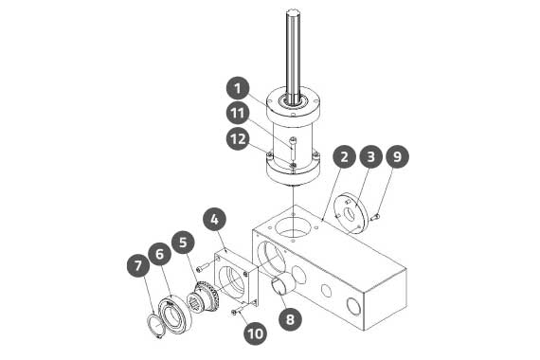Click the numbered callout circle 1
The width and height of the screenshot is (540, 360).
(238, 88)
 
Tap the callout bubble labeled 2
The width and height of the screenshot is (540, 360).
(344, 156)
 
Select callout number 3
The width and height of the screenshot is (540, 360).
(371, 156)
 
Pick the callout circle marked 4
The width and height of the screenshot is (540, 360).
(214, 220)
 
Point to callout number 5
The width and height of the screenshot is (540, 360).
(183, 243)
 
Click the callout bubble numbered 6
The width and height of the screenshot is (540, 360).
(160, 254)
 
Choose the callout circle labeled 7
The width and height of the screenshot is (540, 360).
(138, 265)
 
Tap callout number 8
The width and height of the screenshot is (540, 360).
(290, 319)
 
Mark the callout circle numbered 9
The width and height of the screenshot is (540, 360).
(398, 156)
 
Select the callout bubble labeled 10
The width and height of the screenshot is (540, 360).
(256, 333)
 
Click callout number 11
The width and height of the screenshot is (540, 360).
(238, 113)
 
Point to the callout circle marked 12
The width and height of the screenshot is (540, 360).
(238, 139)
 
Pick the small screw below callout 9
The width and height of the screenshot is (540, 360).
(375, 217)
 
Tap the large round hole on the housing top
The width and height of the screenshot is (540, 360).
(292, 226)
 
